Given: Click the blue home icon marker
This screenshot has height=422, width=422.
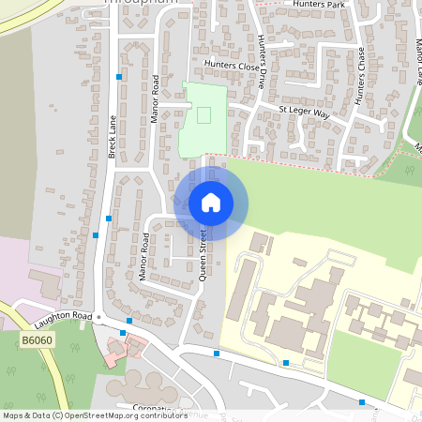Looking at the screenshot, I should pyautogui.click(x=211, y=202).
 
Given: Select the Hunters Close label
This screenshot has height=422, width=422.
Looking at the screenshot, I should pyautogui.click(x=230, y=67).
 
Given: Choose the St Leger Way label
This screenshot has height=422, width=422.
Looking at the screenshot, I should pyautogui.click(x=306, y=113).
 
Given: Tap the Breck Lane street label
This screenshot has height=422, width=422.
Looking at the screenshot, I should pyautogui.click(x=112, y=136).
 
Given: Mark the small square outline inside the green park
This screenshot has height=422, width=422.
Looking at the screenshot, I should pyautogui.click(x=203, y=114).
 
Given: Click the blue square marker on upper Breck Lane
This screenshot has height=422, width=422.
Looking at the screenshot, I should pyautogui.click(x=119, y=77).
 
